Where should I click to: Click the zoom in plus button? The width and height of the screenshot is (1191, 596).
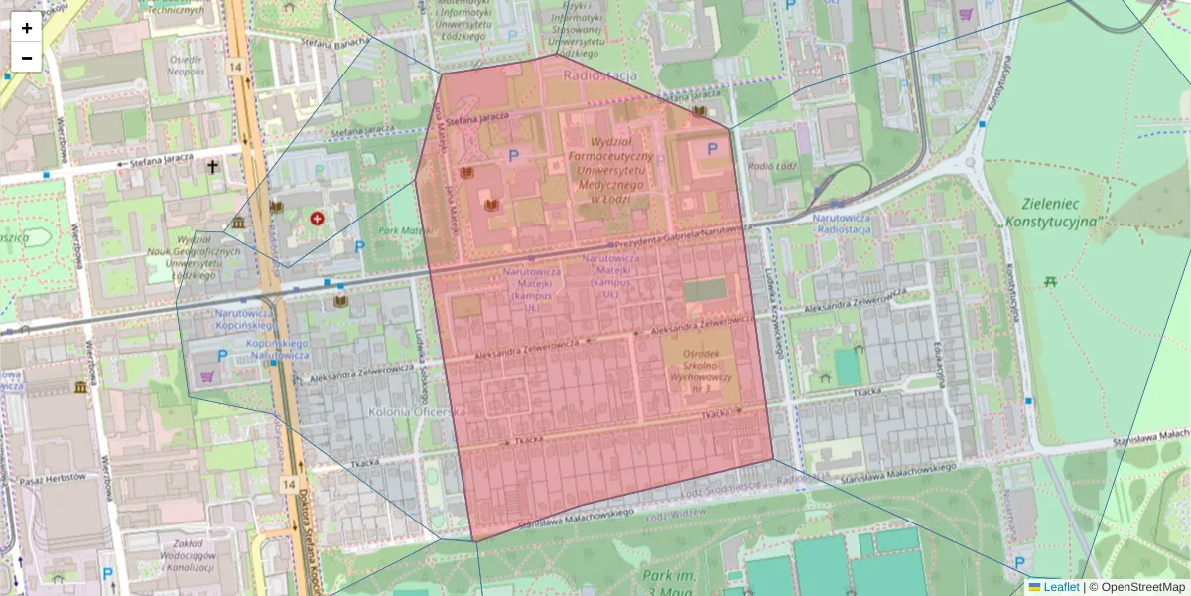(x=27, y=28)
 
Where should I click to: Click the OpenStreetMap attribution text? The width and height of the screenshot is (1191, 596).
(x=1140, y=587)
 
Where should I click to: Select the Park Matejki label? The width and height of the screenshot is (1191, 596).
(x=401, y=231)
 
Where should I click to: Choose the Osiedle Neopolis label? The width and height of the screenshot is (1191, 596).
(x=186, y=66)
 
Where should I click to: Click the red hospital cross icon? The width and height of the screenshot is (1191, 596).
(x=317, y=218)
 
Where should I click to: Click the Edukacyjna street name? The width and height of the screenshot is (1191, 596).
(x=936, y=362)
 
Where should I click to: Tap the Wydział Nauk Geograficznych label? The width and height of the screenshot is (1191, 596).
(x=208, y=257)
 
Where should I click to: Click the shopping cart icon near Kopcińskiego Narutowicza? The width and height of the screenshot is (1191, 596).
(x=207, y=376)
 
